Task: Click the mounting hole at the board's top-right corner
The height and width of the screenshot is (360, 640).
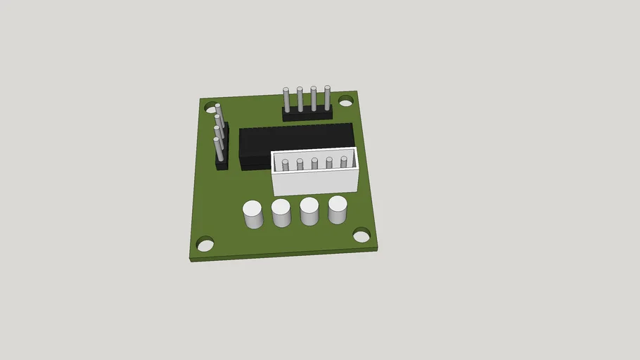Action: (x=345, y=102)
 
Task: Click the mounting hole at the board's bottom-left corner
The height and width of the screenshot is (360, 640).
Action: (x=205, y=245)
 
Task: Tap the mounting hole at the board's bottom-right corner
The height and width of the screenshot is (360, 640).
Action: (x=361, y=235)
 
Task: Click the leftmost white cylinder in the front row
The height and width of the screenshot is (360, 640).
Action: (x=252, y=214)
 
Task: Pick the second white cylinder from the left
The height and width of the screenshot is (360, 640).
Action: (x=281, y=212)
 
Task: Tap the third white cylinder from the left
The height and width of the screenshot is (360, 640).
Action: (x=309, y=211)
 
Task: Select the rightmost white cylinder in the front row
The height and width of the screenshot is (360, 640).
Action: (x=338, y=210)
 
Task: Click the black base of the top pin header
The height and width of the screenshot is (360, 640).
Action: (x=307, y=114)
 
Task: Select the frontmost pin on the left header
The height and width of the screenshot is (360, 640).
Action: (x=217, y=149)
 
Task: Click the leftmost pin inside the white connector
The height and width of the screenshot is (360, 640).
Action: (x=285, y=166)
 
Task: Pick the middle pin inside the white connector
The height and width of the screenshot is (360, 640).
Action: (x=314, y=164)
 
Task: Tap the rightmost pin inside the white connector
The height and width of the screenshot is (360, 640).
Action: (x=344, y=162)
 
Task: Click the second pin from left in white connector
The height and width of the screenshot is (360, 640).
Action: (x=300, y=165)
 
